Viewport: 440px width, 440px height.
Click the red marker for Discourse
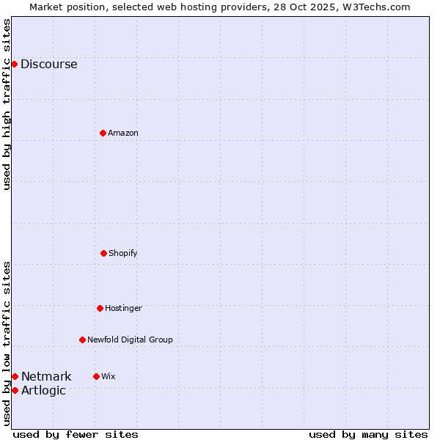click(x=14, y=64)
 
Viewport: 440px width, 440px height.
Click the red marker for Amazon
click(x=103, y=133)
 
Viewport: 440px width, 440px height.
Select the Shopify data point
click(x=103, y=253)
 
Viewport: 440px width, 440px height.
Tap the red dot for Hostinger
click(x=100, y=308)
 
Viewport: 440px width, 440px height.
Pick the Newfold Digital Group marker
click(x=82, y=340)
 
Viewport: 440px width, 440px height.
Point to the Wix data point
click(x=96, y=376)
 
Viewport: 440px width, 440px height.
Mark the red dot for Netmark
click(x=15, y=376)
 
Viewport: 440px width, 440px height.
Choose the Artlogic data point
click(x=15, y=390)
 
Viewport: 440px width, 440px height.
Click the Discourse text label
click(x=48, y=64)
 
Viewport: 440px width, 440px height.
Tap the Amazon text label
click(x=123, y=133)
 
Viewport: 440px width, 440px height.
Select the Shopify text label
click(x=123, y=253)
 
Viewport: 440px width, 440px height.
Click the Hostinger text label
click(x=123, y=308)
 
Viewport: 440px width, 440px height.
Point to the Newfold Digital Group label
click(x=130, y=340)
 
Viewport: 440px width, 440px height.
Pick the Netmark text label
click(x=46, y=376)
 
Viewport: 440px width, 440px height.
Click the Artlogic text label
click(x=43, y=390)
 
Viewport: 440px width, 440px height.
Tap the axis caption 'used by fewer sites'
click(x=76, y=434)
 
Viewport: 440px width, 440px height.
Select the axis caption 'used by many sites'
click(x=368, y=434)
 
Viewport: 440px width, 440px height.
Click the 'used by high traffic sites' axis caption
click(x=7, y=104)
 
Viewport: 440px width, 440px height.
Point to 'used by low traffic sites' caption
click(x=7, y=343)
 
